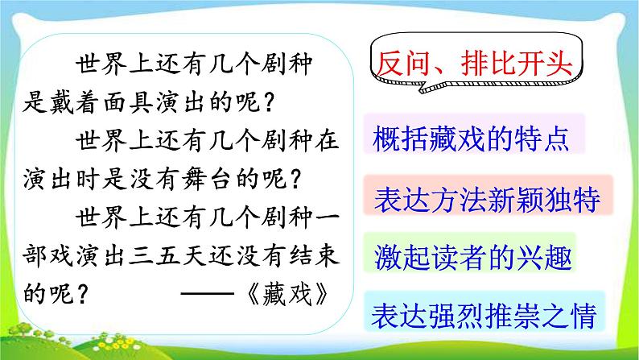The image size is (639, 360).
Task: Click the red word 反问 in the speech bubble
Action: click(x=402, y=64)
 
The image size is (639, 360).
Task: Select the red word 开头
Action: click(x=545, y=64)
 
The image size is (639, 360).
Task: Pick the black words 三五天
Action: click(x=167, y=255)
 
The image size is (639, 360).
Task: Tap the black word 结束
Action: click(x=314, y=255)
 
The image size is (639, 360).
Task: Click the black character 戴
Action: click(x=61, y=102)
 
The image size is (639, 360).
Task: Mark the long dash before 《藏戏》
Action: click(x=208, y=293)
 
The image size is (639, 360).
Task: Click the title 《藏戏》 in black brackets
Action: click(x=287, y=293)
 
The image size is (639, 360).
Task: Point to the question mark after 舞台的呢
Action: click(x=296, y=180)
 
